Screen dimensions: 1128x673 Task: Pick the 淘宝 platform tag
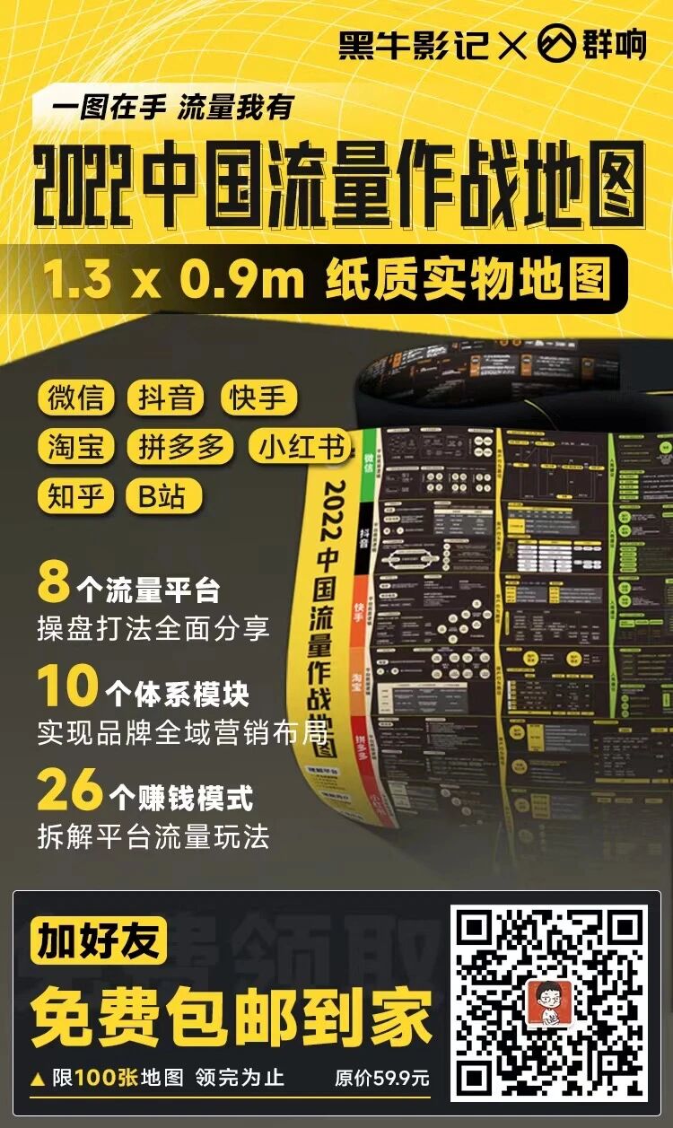pyautogui.click(x=75, y=447)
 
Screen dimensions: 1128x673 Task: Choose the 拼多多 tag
pyautogui.click(x=180, y=447)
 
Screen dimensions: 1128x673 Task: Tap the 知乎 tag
pyautogui.click(x=75, y=496)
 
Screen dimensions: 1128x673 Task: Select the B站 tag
pyautogui.click(x=164, y=496)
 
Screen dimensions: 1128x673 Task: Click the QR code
pyautogui.click(x=548, y=1002)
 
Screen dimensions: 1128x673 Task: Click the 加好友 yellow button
pyautogui.click(x=100, y=940)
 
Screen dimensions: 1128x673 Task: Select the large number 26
pyautogui.click(x=70, y=791)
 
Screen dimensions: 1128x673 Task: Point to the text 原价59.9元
pyautogui.click(x=381, y=1078)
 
